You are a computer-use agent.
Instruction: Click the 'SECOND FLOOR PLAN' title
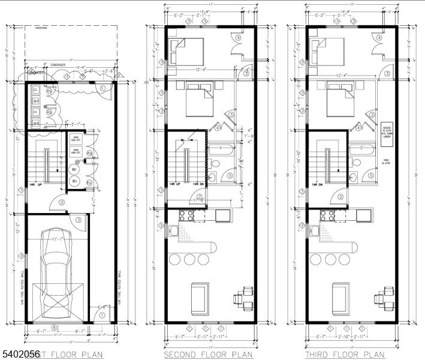pos(209,355)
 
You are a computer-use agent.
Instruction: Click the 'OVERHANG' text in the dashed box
pos(41,28)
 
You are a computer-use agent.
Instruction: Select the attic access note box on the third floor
pos(386,131)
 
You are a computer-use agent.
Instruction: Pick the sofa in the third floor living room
pos(339,298)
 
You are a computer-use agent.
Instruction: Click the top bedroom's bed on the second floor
pos(188,52)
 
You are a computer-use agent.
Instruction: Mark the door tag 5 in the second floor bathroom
pos(231,176)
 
